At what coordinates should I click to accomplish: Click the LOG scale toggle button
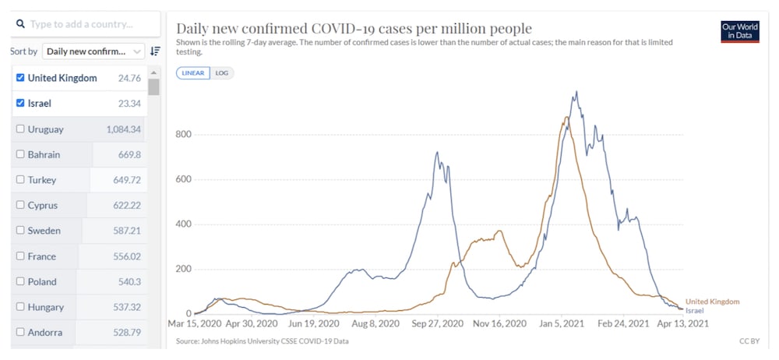point(222,73)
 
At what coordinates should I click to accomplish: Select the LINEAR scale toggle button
point(192,73)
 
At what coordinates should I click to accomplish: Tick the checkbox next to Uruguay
point(20,129)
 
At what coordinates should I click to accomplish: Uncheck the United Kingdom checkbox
point(20,78)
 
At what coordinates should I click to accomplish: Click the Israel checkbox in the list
point(20,103)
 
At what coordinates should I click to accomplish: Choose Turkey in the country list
point(41,180)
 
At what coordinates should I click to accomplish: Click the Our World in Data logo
point(739,31)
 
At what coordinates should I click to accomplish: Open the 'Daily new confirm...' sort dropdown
point(93,51)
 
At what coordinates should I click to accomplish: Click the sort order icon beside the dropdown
point(155,51)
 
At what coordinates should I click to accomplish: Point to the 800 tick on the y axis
point(182,134)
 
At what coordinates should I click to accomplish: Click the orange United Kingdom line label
point(712,302)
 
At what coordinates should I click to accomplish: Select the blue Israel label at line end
point(694,310)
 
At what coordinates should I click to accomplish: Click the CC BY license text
point(749,341)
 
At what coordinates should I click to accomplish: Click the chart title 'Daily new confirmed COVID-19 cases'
point(354,30)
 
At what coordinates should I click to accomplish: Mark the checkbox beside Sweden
point(20,231)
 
